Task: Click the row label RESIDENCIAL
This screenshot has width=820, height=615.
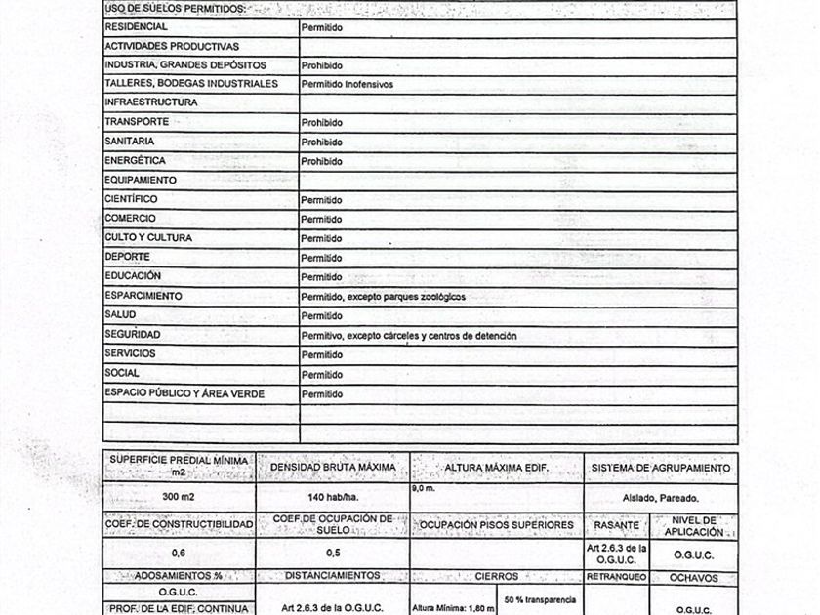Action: pos(136,26)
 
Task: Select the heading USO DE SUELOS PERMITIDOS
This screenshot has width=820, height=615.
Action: pos(175,9)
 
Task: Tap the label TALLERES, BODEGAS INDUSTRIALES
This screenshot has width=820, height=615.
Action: pos(191,84)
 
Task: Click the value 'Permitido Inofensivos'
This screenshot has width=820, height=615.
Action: pos(347,85)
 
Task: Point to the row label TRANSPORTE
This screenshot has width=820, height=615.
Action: pos(137,122)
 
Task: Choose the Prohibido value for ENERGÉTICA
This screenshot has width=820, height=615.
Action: pos(321,161)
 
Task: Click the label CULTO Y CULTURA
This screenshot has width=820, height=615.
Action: pos(148,238)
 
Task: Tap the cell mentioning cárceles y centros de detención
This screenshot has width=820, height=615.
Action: pos(409,336)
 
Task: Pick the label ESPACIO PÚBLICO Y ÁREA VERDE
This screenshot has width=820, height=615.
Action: pos(184,393)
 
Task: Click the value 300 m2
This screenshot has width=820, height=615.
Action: pos(178,496)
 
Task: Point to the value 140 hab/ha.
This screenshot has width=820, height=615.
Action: pos(332,496)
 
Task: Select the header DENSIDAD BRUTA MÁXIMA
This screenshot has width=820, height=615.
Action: pos(332,468)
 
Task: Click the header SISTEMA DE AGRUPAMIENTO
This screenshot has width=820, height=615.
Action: pos(661,468)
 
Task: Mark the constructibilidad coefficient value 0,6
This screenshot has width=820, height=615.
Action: pos(178,553)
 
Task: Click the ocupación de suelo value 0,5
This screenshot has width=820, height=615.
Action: pos(332,553)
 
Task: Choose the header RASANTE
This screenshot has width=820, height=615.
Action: pos(617,525)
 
